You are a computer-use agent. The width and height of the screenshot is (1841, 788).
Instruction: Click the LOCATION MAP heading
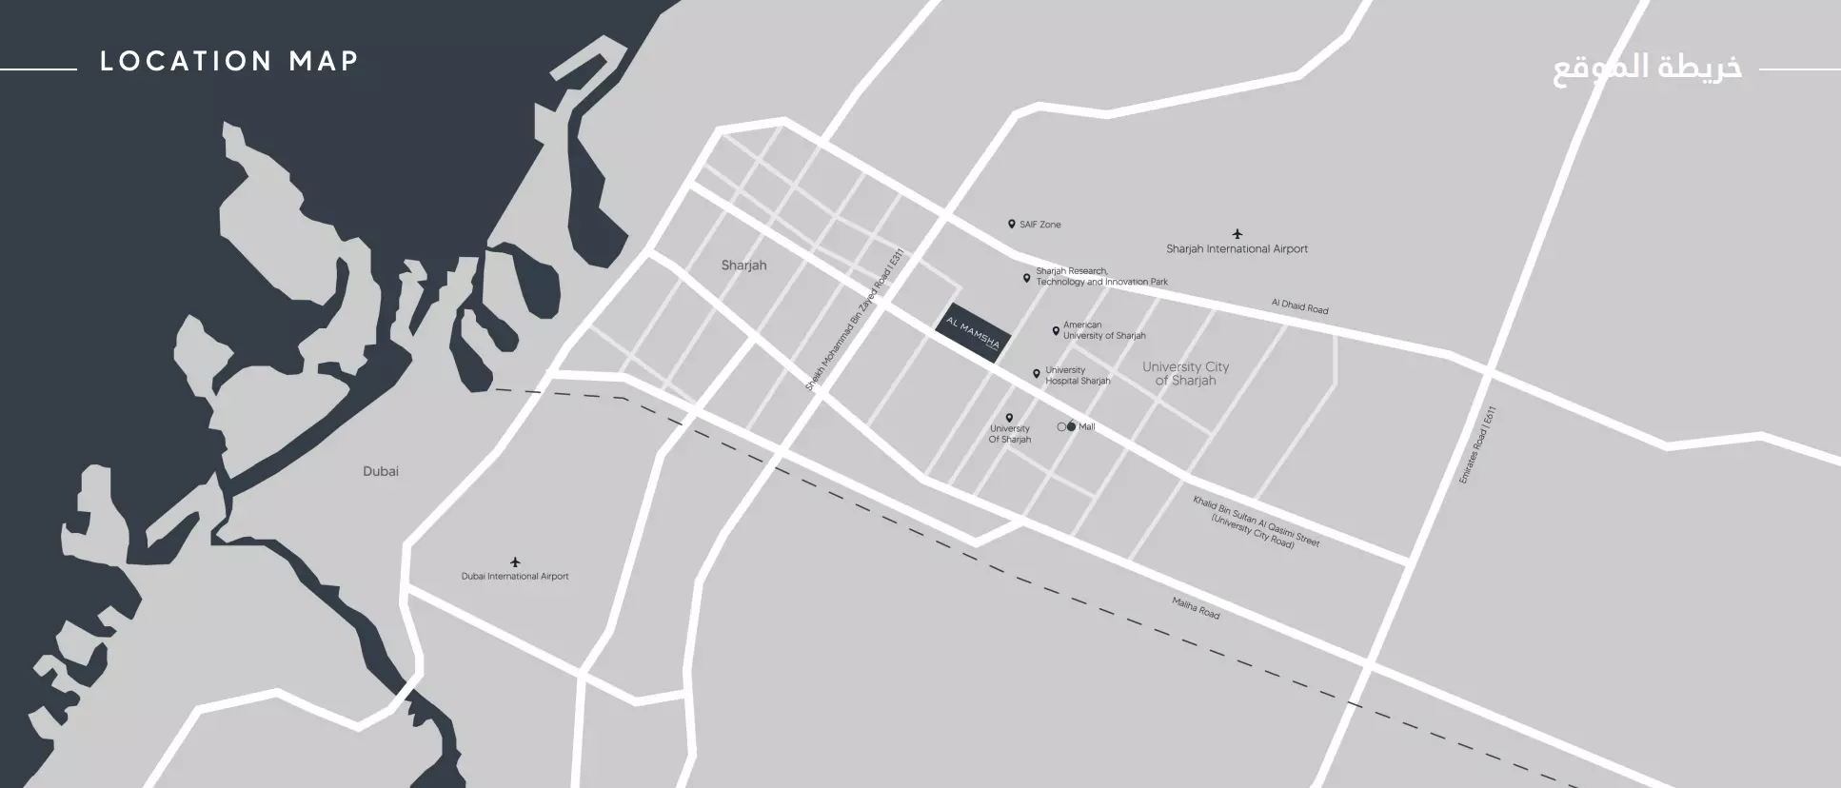tap(229, 62)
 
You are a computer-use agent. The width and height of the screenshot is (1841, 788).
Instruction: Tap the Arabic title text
tap(1647, 69)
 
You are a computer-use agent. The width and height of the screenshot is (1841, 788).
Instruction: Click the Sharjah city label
tap(743, 266)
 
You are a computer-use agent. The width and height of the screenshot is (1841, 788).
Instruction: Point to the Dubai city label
tap(381, 471)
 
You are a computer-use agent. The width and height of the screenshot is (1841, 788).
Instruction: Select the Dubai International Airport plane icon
tap(515, 561)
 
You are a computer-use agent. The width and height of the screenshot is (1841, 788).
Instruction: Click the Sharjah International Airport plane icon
tap(1237, 233)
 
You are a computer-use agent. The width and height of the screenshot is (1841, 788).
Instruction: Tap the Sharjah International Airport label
tap(1237, 249)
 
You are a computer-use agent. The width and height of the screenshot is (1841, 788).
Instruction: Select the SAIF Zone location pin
tap(1012, 225)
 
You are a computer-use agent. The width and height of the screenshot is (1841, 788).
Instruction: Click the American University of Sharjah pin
tap(1056, 331)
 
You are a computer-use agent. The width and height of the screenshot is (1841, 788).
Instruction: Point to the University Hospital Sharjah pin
tap(1037, 375)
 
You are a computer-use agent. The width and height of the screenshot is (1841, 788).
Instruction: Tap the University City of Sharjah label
tap(1185, 373)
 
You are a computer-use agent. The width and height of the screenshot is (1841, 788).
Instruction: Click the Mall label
tap(1086, 427)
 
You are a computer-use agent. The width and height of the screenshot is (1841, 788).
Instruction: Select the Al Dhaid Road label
tap(1299, 306)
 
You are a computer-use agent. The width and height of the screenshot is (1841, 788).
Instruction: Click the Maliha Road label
tap(1196, 608)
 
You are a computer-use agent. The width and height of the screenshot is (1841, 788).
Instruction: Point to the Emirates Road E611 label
tap(1477, 445)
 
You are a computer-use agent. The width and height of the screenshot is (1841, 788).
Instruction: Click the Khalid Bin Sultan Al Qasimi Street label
tap(1256, 522)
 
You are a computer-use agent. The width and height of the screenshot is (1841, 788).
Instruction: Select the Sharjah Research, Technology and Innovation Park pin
tap(1026, 278)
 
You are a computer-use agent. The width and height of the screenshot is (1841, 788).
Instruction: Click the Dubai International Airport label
tap(515, 577)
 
